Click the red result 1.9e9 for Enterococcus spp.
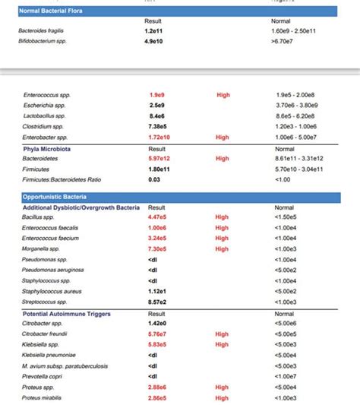click(x=157, y=95)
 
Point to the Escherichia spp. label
click(x=44, y=105)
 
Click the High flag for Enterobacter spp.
click(x=223, y=138)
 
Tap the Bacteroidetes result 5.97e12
click(x=159, y=159)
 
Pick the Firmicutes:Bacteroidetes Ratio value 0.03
click(x=154, y=179)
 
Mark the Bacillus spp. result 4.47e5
click(x=159, y=217)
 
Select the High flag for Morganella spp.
click(x=222, y=249)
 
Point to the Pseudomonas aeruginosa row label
click(x=54, y=270)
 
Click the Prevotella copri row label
click(x=43, y=376)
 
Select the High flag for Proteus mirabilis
click(x=222, y=397)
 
